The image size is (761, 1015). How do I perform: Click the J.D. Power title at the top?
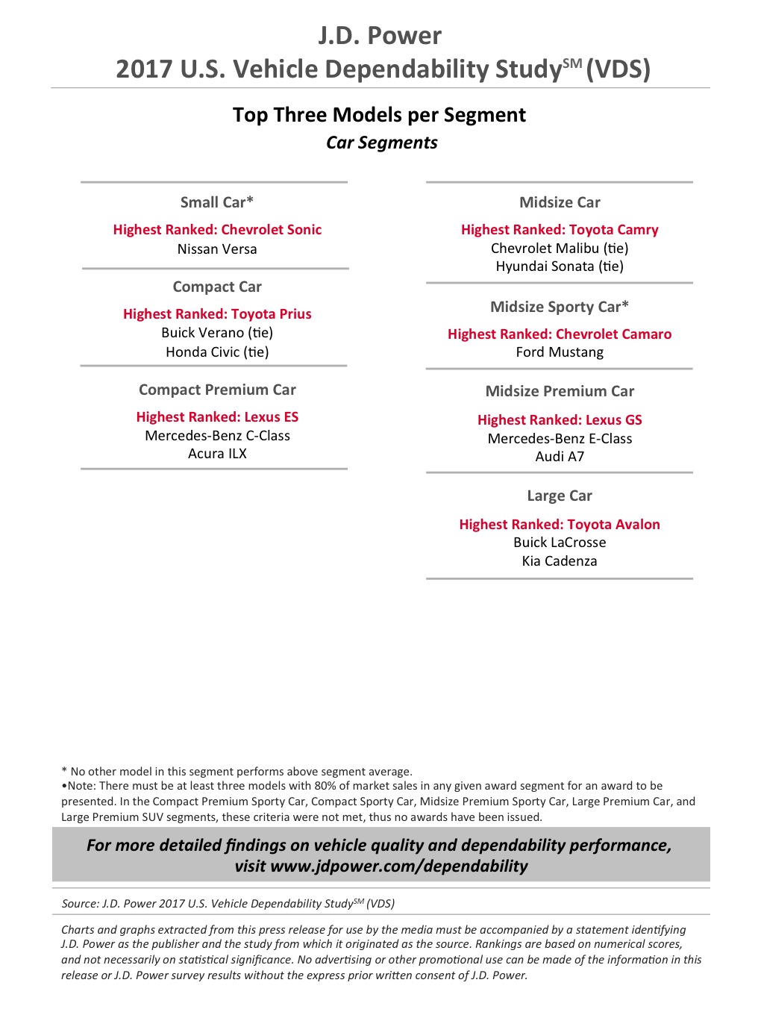[380, 36]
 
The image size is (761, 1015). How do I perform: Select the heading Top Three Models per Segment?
[379, 115]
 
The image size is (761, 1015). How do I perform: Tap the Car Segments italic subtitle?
[381, 143]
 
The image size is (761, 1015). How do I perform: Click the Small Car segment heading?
[217, 202]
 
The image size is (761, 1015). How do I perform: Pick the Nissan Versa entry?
[217, 249]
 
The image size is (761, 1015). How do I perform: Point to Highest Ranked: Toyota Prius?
[217, 314]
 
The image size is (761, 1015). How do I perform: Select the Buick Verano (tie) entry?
[217, 333]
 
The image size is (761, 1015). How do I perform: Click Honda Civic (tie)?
[217, 352]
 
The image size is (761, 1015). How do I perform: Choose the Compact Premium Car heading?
[217, 390]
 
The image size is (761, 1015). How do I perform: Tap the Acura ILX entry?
[217, 454]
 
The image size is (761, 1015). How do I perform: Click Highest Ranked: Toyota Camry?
[560, 230]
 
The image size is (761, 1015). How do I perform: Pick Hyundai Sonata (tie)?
[560, 266]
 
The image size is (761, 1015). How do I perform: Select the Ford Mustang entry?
[560, 352]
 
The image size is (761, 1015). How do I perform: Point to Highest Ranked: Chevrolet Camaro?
[560, 334]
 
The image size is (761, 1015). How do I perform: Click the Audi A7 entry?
[560, 457]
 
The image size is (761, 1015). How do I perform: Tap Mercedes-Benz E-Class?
[560, 439]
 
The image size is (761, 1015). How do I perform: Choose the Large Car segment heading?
[560, 496]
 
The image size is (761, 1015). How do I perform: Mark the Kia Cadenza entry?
[560, 561]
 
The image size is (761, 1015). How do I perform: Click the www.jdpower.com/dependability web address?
[399, 866]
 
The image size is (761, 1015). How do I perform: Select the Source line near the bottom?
[228, 904]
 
